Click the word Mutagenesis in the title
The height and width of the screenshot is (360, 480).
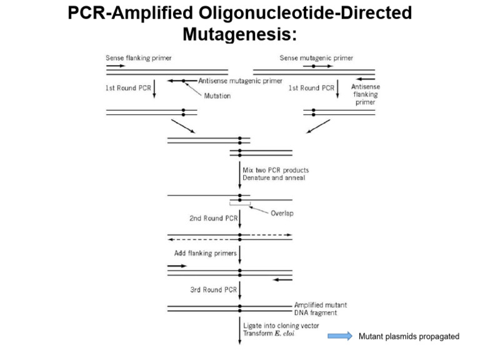(239, 34)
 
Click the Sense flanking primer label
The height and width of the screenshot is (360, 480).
(138, 58)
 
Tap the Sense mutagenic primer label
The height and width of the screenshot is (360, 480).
(316, 58)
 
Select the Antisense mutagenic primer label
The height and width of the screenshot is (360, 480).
(240, 81)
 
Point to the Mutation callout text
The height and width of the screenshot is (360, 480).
(217, 96)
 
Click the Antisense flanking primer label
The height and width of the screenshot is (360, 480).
(366, 94)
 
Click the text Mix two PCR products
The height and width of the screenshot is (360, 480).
(275, 170)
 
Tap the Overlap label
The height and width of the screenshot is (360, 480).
(282, 213)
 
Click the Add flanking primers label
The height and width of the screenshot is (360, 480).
(206, 254)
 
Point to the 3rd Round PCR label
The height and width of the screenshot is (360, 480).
(213, 290)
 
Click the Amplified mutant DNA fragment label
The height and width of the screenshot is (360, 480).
(321, 308)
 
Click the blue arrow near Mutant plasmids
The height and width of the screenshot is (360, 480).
(341, 337)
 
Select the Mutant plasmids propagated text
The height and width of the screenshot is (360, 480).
(409, 337)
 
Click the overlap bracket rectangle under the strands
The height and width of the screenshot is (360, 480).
(240, 204)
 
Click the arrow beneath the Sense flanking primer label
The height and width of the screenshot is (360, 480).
(115, 66)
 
